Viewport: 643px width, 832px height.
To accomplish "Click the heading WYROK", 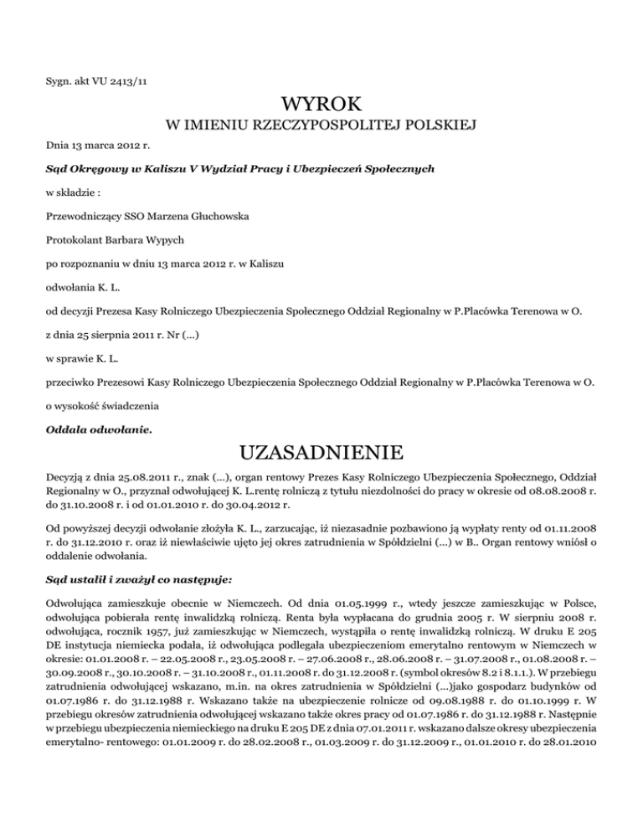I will pos(321,105).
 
